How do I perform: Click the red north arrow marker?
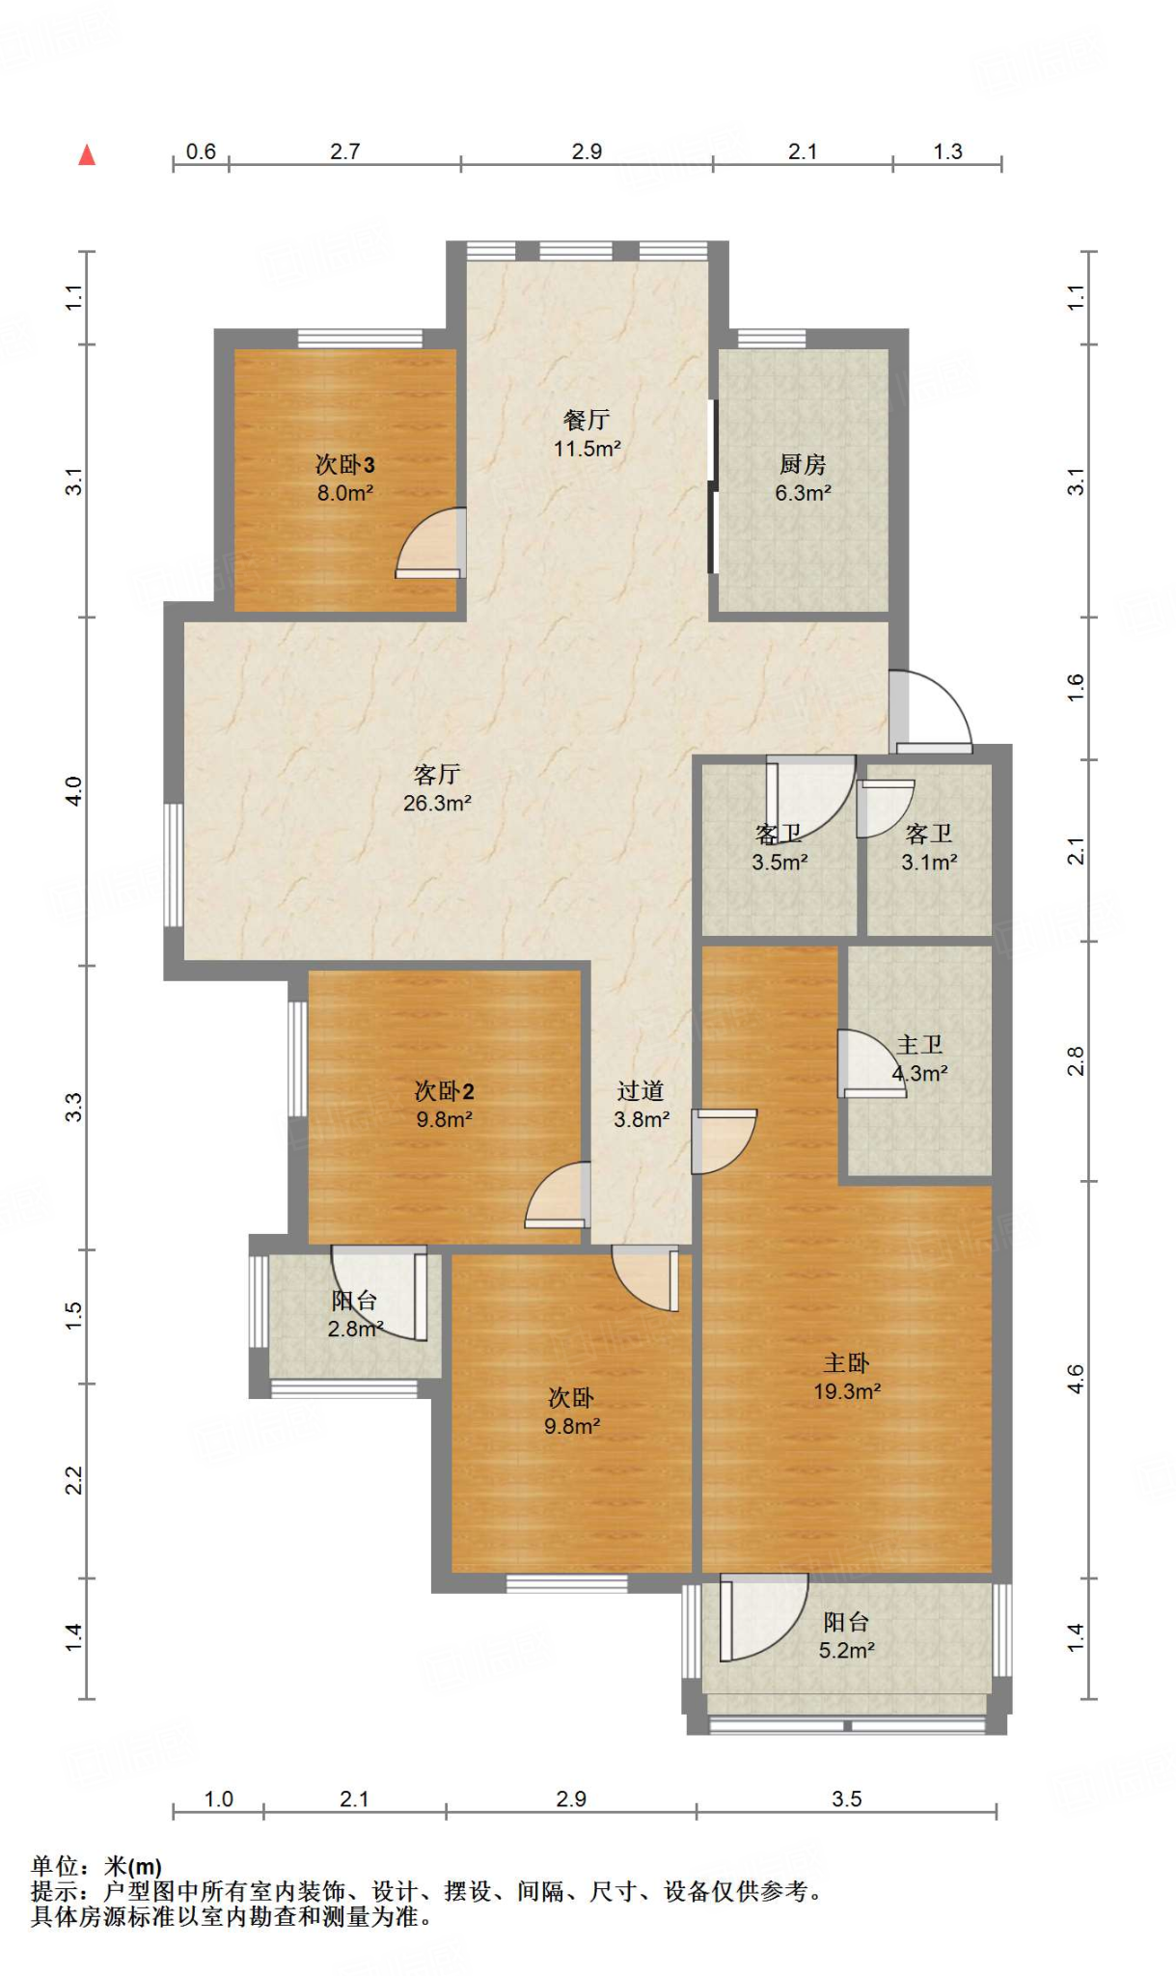click(87, 154)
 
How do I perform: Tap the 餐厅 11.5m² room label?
click(587, 434)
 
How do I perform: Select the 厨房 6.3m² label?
click(803, 479)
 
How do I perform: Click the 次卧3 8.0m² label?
click(345, 479)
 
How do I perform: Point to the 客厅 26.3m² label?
click(437, 788)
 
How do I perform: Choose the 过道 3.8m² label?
click(642, 1105)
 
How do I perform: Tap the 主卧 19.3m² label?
click(847, 1377)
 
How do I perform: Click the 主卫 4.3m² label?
click(919, 1058)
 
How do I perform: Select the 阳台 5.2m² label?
click(847, 1635)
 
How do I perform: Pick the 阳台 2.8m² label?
click(355, 1314)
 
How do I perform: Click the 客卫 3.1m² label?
click(929, 847)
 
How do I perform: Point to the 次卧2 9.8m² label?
click(444, 1105)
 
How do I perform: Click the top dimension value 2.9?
click(587, 151)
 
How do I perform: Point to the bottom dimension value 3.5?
click(846, 1798)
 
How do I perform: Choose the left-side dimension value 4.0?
click(74, 791)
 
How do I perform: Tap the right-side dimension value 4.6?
click(1076, 1379)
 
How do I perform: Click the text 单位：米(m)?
click(96, 1866)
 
